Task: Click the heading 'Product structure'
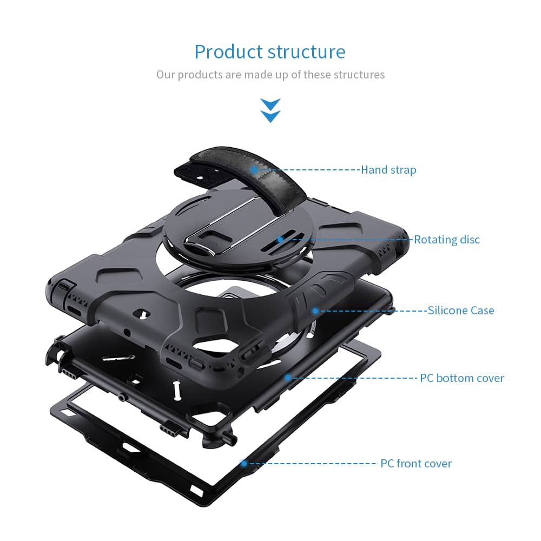270,52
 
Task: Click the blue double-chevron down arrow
270,110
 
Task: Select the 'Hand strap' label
388,170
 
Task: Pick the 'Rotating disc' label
447,240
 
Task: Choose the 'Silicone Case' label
461,310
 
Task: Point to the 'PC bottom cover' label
462,378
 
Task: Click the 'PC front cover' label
415,464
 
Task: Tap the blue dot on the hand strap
254,169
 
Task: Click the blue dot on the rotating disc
280,240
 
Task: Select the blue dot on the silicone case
315,311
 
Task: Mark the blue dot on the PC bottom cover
288,378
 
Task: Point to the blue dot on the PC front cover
244,464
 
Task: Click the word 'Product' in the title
228,52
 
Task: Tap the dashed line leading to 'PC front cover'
313,464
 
